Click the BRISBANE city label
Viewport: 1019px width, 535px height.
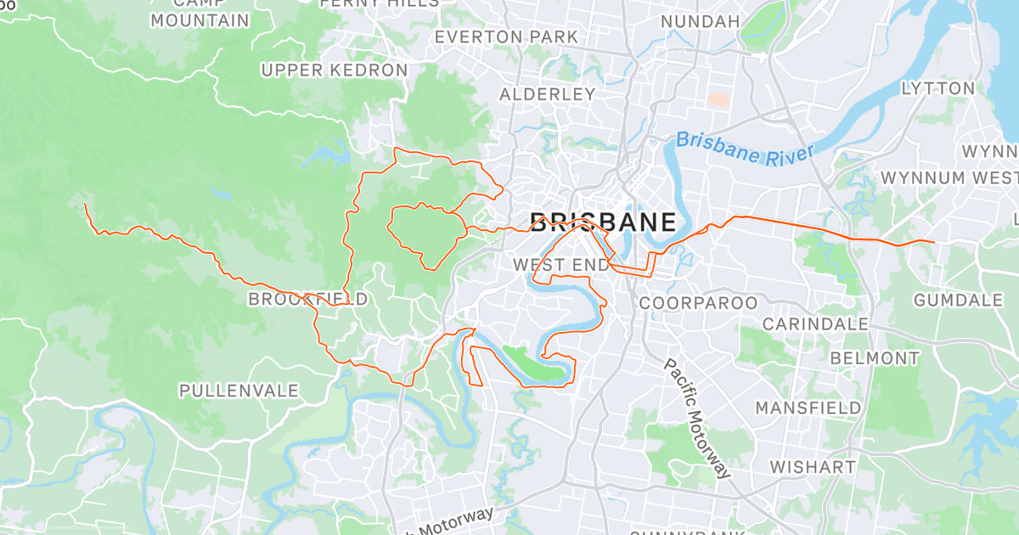604,223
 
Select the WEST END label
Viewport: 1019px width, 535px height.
560,265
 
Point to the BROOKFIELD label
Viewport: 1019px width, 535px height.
308,299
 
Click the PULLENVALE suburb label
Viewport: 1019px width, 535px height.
239,391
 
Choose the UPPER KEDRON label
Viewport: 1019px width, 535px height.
335,70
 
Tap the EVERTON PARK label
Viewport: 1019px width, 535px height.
506,37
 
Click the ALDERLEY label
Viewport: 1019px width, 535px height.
547,93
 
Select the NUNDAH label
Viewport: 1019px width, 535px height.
700,20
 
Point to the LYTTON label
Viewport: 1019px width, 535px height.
937,88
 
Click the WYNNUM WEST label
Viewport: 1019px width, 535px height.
949,177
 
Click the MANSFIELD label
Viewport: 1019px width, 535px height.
808,408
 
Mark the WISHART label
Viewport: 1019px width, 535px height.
813,467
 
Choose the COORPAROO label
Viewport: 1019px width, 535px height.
698,302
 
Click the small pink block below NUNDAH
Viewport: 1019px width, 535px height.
718,99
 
